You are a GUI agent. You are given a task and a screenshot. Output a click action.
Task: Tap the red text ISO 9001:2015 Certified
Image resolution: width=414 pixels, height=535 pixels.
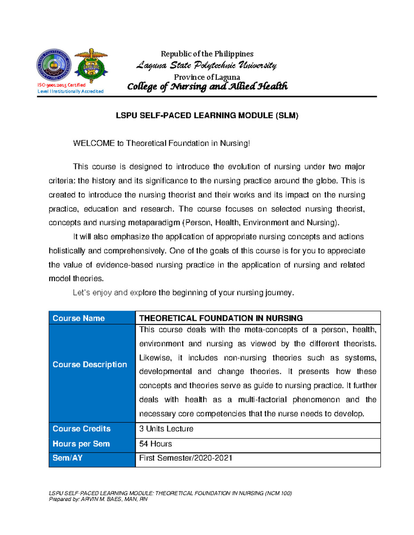pyautogui.click(x=62, y=85)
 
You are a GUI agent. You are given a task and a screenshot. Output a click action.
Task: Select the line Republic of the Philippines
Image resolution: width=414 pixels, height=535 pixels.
pyautogui.click(x=207, y=54)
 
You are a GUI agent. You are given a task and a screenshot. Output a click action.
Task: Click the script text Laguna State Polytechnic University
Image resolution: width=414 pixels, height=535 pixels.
pyautogui.click(x=206, y=65)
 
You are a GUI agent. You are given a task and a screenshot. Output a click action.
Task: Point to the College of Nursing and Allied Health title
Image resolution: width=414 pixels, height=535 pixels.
pyautogui.click(x=207, y=86)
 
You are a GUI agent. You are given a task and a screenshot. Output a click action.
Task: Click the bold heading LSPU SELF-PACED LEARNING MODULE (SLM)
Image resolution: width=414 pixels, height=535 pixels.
pyautogui.click(x=207, y=116)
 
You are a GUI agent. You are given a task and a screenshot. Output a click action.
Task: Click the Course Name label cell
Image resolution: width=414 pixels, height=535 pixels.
pyautogui.click(x=79, y=318)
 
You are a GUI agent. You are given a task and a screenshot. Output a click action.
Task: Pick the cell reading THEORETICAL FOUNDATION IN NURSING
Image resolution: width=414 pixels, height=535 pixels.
pyautogui.click(x=221, y=318)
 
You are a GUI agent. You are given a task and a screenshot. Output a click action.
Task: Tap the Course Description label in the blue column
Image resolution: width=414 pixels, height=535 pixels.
pyautogui.click(x=90, y=364)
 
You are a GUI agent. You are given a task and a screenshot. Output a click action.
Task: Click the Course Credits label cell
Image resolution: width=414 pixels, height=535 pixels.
pyautogui.click(x=81, y=429)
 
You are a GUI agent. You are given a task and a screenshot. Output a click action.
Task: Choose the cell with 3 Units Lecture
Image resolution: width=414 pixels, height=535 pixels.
pyautogui.click(x=166, y=429)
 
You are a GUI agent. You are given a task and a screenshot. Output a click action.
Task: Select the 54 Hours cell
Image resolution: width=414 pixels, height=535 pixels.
pyautogui.click(x=156, y=444)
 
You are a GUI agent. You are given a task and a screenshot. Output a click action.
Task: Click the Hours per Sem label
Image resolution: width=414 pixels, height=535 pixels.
pyautogui.click(x=81, y=444)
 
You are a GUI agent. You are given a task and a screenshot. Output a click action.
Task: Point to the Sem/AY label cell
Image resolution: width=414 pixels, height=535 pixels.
pyautogui.click(x=68, y=458)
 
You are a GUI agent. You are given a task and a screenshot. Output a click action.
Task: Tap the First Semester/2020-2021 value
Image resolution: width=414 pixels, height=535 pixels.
pyautogui.click(x=186, y=458)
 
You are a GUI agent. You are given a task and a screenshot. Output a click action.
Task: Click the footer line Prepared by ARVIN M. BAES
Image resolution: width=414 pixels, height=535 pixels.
pyautogui.click(x=98, y=499)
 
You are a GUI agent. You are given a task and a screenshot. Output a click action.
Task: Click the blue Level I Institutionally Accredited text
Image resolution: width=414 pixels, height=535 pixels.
pyautogui.click(x=71, y=91)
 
